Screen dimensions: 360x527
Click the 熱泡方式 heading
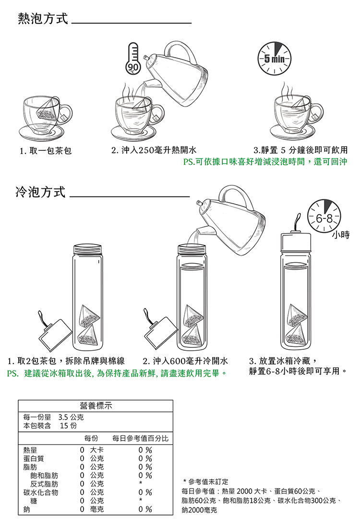[43, 18]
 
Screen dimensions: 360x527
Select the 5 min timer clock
[274, 59]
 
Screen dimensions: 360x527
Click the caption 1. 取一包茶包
[46, 150]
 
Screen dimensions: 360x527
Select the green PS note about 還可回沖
[265, 162]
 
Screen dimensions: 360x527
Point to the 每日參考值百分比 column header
[140, 438]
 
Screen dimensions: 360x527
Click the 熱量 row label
[30, 450]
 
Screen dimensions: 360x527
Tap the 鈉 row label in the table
[26, 510]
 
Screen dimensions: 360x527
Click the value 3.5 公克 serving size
[71, 417]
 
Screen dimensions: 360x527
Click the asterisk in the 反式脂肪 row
[141, 483]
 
